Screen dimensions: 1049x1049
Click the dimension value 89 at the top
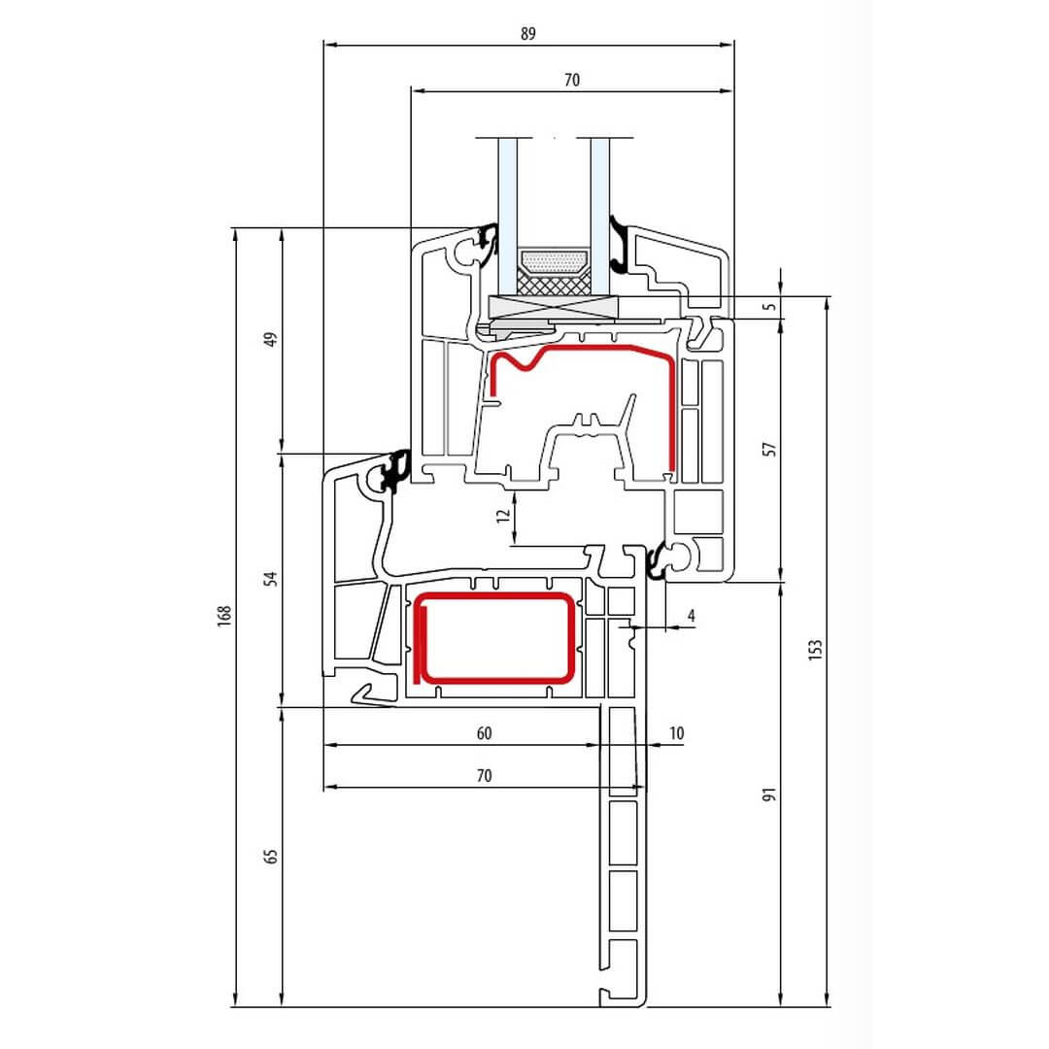527,33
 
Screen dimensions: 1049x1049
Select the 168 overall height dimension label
224,615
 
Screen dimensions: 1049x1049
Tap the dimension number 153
814,649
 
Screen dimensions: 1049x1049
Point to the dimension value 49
270,339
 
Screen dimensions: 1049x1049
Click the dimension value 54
270,579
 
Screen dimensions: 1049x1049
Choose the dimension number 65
270,857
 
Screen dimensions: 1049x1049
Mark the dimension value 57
770,449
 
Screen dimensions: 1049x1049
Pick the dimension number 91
770,795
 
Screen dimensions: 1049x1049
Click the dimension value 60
485,733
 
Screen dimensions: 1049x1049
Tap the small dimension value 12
503,515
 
